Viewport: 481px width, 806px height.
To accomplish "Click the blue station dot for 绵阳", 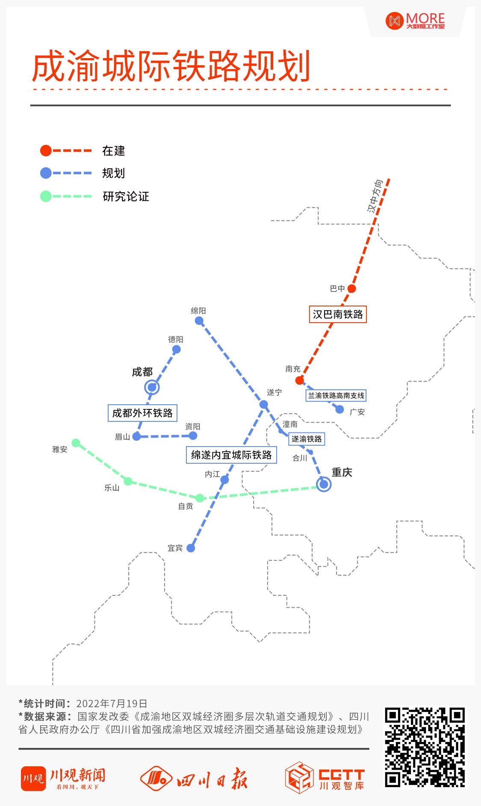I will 199,321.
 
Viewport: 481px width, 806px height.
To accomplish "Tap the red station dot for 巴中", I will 351,288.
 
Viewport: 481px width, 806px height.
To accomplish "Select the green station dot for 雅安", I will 76,443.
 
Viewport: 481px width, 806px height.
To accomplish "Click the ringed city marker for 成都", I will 152,388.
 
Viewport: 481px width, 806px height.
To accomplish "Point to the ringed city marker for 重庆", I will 324,484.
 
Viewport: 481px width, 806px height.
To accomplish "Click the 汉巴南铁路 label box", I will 338,315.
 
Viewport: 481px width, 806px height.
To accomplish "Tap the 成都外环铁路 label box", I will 142,413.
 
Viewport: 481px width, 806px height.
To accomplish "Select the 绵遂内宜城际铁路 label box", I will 231,455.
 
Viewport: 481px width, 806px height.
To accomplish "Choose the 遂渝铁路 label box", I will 307,439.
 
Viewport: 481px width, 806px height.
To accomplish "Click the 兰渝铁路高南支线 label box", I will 336,396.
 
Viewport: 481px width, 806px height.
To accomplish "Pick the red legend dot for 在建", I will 46,150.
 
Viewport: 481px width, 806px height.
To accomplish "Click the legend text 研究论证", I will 126,197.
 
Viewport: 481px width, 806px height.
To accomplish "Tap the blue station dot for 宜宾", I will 191,548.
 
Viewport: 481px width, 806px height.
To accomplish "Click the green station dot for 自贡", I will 200,498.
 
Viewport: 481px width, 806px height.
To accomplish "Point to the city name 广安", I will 357,412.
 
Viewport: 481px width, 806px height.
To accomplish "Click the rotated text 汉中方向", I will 375,196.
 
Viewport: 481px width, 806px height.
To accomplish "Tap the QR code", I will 425,747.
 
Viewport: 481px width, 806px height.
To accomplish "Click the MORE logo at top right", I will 415,21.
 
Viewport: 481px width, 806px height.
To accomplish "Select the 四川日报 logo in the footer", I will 194,778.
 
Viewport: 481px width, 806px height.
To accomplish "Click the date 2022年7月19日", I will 112,703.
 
